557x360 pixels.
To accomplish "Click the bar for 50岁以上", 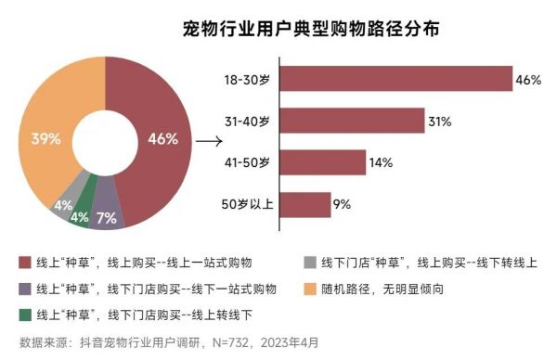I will coord(304,204).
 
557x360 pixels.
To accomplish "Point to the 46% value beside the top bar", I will coord(528,80).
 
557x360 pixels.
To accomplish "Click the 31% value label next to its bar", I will coord(439,122).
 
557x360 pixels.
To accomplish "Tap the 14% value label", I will coord(381,163).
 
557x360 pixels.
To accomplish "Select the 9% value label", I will coord(342,205).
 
